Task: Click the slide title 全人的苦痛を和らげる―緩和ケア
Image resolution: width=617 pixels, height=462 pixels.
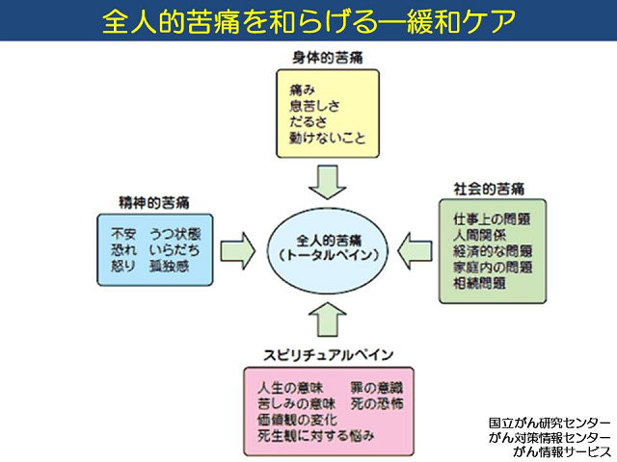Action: (308, 20)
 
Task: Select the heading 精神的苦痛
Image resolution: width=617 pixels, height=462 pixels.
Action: (155, 203)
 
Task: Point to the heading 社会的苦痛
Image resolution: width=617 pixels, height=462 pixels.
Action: (489, 187)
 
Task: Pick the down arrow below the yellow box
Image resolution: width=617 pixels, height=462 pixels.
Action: (327, 181)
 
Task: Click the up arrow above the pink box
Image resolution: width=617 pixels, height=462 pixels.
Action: (327, 316)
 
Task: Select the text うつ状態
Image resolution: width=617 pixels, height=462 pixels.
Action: (176, 232)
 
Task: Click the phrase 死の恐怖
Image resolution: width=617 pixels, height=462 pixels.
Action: (375, 403)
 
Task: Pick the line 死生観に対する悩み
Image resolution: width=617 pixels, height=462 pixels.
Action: (316, 436)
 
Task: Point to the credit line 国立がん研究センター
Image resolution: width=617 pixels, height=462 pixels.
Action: (548, 423)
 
